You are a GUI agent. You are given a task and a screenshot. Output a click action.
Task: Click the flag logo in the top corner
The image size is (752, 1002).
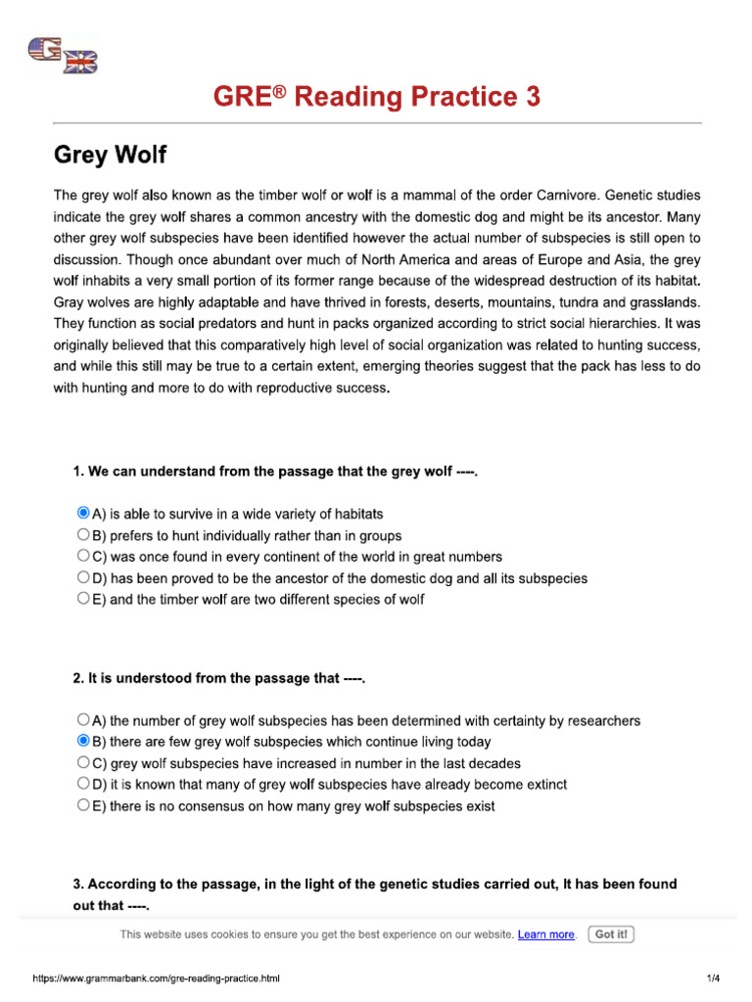[x=64, y=55]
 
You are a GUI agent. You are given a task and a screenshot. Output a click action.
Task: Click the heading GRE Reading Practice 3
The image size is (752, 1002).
[x=377, y=97]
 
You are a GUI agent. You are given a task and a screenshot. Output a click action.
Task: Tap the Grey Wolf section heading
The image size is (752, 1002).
[x=110, y=155]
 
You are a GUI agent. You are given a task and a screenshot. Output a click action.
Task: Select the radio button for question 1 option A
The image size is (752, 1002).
[x=83, y=513]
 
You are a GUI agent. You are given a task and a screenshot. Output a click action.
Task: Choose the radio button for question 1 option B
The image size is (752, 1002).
[x=83, y=535]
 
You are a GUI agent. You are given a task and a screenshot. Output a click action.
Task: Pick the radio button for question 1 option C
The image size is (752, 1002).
[x=83, y=556]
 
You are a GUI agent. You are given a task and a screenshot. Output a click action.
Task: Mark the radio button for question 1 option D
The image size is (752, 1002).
[x=83, y=577]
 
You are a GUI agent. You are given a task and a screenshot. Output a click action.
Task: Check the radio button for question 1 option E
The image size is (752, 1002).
[x=83, y=599]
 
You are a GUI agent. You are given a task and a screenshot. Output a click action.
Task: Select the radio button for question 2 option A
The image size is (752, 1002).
[x=83, y=720]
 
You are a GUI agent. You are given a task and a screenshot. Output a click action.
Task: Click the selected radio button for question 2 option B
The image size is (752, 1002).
[x=83, y=742]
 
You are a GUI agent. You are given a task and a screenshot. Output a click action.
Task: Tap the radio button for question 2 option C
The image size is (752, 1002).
[x=83, y=762]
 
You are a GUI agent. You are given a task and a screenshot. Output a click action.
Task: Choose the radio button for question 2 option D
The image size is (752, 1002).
[x=83, y=784]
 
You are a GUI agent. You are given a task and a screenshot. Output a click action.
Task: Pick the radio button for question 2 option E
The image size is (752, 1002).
[x=83, y=805]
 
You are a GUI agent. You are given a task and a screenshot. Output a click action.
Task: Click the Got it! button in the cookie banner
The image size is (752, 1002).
[x=611, y=934]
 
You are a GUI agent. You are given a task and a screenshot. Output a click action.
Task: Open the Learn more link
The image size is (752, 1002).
[x=546, y=934]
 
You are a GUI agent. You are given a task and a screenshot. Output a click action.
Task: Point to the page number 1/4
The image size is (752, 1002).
[x=713, y=979]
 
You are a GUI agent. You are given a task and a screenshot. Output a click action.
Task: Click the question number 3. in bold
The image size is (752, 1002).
[x=79, y=884]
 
